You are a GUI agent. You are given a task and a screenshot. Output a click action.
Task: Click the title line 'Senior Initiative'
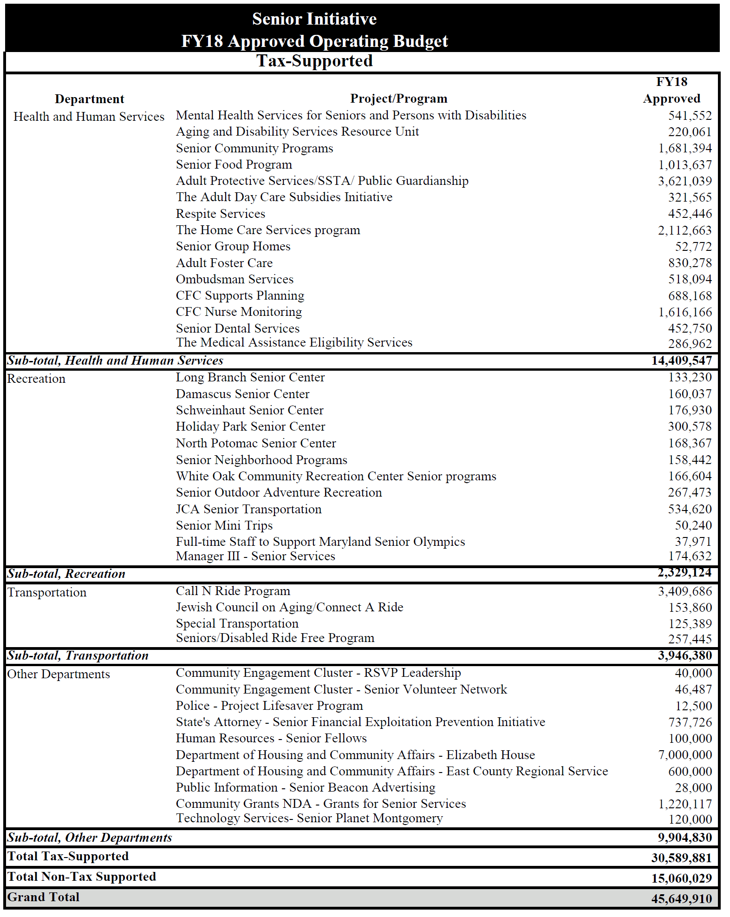point(314,19)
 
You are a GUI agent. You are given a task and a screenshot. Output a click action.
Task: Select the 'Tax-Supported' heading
point(315,61)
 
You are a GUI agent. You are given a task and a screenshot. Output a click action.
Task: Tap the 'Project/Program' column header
point(398,98)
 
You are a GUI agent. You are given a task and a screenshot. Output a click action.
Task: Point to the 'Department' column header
point(90,99)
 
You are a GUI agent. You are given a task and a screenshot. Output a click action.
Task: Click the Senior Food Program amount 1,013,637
point(684,165)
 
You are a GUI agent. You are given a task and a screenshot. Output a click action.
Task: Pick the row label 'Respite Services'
point(221,214)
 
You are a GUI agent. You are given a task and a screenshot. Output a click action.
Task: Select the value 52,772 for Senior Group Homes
point(693,247)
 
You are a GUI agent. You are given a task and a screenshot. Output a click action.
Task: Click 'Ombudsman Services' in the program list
point(235,279)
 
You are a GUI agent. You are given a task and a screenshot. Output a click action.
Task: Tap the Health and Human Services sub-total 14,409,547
point(681,360)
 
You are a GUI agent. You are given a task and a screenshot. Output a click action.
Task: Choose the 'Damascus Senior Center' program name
point(242,394)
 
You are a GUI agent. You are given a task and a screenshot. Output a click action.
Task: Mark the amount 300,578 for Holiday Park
point(690,426)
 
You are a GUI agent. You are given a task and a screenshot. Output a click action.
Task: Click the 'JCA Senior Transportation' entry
point(248,509)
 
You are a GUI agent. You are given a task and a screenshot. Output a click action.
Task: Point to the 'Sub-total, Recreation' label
point(66,574)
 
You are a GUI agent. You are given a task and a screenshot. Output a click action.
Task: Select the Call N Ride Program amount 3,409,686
point(684,591)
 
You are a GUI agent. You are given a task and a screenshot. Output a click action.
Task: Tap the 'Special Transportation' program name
point(237,623)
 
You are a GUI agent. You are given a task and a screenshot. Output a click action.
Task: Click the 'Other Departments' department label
point(59,674)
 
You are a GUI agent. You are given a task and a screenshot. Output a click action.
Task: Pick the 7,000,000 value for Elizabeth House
point(684,755)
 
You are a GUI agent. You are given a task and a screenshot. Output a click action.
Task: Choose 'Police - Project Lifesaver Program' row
point(269,706)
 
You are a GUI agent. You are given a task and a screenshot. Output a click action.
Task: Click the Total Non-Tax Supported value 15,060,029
point(681,878)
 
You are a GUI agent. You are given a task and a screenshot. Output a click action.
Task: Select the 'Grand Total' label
point(43,897)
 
